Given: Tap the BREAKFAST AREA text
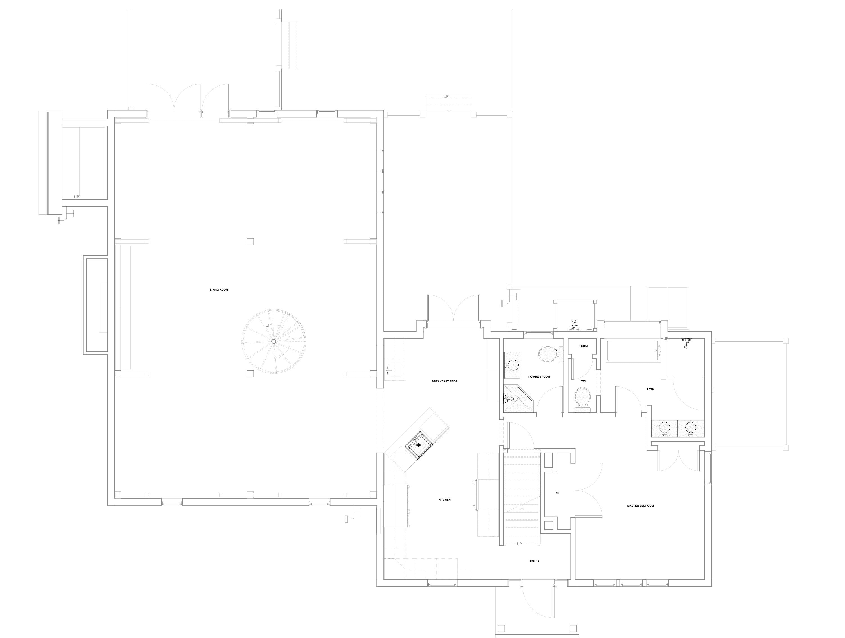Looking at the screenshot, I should coord(444,381).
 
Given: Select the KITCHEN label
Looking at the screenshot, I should coord(444,500).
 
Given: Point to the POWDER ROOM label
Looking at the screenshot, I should coord(539,377).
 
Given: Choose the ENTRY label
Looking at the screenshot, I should coord(534,561).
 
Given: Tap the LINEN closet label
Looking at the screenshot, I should coord(583,347).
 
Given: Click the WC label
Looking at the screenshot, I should coord(583,381).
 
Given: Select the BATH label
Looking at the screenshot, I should coord(650,389).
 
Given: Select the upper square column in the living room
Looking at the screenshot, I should coord(250,241).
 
